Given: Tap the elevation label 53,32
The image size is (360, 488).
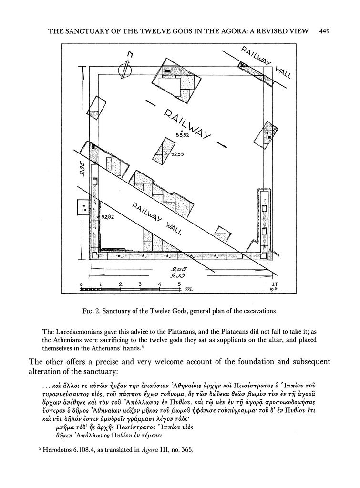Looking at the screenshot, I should [182, 135].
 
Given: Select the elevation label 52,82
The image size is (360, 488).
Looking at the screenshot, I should [108, 217].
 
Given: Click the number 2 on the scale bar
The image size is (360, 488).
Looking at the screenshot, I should [120, 285].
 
